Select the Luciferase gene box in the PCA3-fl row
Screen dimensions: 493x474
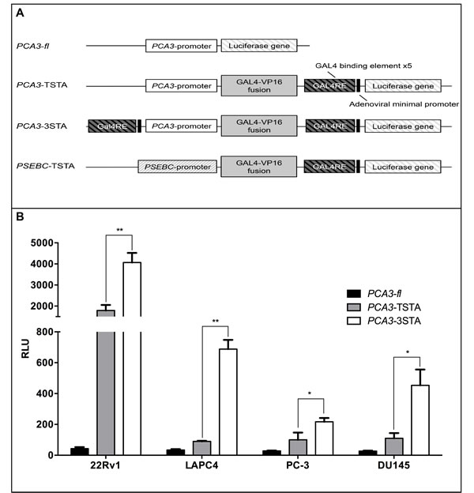(x=260, y=47)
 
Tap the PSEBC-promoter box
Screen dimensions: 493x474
(x=176, y=167)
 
